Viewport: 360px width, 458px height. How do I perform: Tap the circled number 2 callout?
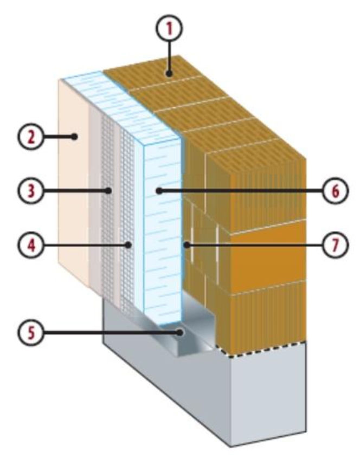point(32,136)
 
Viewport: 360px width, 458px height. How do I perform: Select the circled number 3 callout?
point(32,191)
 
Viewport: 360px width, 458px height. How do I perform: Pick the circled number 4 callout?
point(32,246)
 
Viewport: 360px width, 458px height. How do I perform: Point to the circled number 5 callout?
point(32,332)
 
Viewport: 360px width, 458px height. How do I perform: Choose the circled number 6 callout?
point(336,191)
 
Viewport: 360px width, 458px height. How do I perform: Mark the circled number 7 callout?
point(336,246)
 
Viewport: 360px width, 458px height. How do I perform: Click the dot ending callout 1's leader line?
point(169,74)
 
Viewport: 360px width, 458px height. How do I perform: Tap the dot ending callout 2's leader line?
point(75,136)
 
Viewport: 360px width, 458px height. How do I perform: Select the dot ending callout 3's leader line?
point(108,191)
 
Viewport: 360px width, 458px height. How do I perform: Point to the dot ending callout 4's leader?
point(128,246)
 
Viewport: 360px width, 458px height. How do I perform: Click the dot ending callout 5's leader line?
point(181,332)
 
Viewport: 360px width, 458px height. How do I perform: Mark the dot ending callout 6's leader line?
point(159,191)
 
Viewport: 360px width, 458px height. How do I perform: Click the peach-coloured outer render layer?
point(73,181)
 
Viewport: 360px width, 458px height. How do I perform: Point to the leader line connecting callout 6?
point(241,191)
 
